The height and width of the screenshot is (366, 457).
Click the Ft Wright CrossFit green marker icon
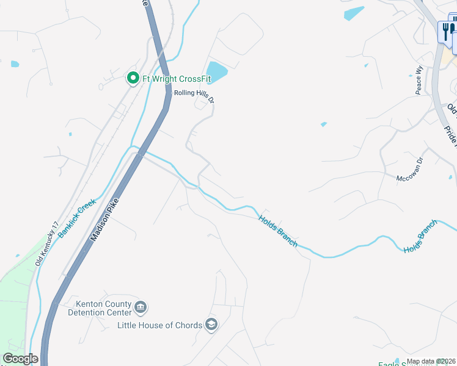[132, 78]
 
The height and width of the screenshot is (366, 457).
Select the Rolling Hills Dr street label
[195, 93]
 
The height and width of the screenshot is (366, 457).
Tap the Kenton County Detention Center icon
[141, 307]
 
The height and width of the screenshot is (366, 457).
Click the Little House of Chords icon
[211, 324]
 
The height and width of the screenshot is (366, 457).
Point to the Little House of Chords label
[159, 325]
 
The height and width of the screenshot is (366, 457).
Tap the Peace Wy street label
[419, 80]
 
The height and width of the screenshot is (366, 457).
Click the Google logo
[20, 359]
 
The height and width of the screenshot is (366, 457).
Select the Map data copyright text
[431, 361]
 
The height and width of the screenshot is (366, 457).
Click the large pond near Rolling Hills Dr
[217, 71]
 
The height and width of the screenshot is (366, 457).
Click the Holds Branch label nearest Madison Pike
[278, 230]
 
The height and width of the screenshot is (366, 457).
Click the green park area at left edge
[12, 305]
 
